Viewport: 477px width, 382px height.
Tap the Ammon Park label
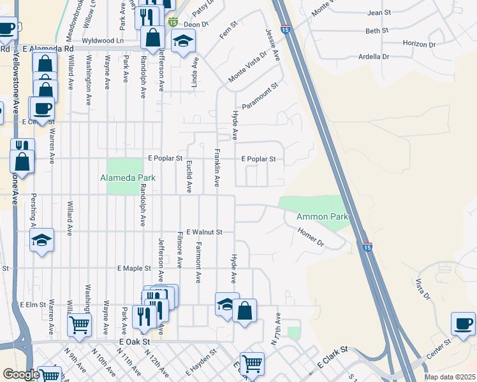[322, 217]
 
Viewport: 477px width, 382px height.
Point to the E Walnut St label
[204, 232]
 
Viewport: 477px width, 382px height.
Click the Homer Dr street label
[311, 238]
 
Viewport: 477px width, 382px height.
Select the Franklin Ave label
[217, 167]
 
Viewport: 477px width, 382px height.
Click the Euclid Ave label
[189, 176]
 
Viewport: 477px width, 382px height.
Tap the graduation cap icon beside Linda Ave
[184, 41]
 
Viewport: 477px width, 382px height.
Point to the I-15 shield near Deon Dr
[173, 22]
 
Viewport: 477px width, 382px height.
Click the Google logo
[21, 374]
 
